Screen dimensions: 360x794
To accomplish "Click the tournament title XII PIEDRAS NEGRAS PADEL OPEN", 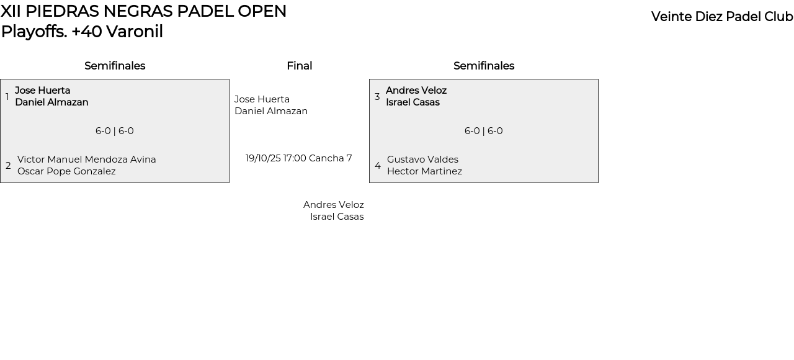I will (143, 11).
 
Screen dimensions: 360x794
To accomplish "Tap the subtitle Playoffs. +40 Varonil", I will (82, 32).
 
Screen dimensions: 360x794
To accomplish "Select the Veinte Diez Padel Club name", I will (722, 17).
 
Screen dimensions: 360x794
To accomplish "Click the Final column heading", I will (299, 66).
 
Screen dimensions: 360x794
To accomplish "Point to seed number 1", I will (7, 97).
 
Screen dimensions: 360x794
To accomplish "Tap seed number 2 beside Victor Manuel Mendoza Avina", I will (8, 166).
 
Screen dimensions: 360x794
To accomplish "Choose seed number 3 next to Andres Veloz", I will (377, 97).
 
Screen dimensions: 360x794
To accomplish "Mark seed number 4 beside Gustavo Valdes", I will (378, 166).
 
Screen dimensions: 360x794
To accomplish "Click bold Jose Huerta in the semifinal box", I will (42, 91).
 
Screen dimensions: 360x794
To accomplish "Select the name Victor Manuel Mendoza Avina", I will (87, 160).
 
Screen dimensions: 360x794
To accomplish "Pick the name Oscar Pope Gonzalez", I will (66, 171).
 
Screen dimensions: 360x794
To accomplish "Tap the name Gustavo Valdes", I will (422, 160).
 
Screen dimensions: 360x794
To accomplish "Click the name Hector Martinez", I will (424, 171).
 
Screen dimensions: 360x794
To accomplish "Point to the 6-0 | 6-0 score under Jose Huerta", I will (115, 131).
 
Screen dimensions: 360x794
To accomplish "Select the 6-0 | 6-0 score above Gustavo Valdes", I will (484, 131).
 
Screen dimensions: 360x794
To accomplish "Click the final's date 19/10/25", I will (263, 158).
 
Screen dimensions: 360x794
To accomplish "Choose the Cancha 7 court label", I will (331, 158).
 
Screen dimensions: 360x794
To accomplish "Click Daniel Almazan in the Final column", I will (271, 111).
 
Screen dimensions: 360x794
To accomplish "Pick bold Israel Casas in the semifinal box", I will (413, 102).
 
